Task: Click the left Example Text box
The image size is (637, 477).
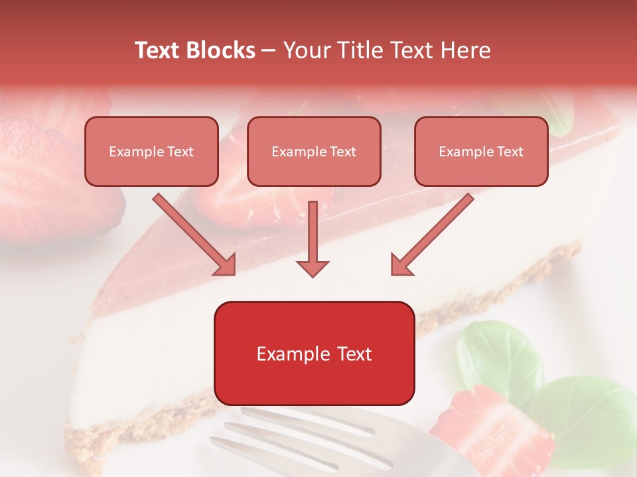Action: [151, 151]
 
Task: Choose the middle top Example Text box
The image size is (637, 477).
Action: [314, 151]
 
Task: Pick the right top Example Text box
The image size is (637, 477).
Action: [481, 151]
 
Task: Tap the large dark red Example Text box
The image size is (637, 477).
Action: [314, 353]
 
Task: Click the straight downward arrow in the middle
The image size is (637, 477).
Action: [313, 238]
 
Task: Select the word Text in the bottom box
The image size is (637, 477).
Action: [354, 354]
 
